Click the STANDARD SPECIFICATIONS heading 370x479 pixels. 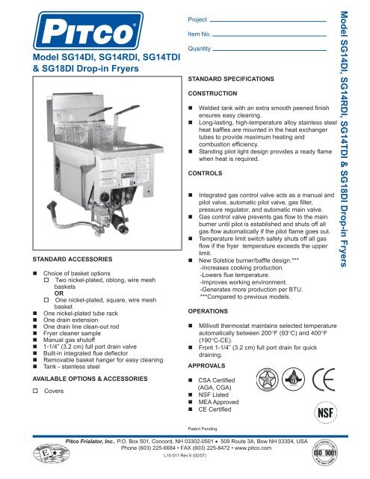point(232,79)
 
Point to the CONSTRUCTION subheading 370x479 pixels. point(215,94)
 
